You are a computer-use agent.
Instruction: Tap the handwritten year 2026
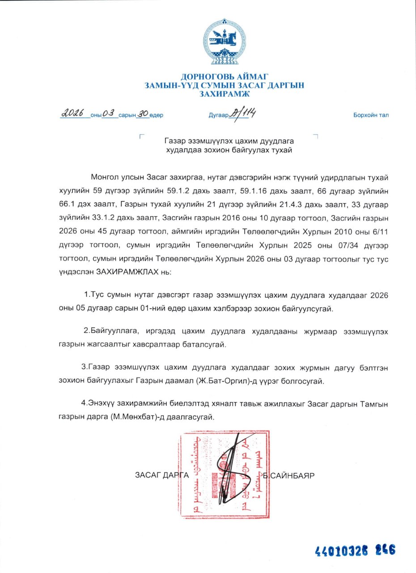74,114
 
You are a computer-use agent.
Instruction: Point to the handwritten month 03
109,114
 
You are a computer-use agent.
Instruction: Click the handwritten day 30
142,114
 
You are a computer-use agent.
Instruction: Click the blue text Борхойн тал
371,115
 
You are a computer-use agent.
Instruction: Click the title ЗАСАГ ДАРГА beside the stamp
162,475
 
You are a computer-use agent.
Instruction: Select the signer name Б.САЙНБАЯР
289,475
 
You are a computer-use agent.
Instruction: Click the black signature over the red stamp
230,466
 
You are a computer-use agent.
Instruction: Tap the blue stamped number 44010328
335,550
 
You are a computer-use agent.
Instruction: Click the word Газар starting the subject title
176,140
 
